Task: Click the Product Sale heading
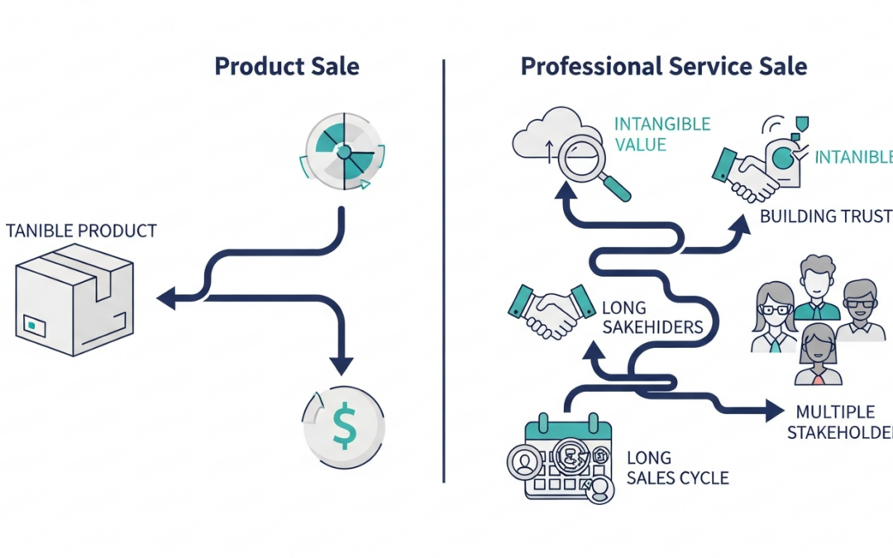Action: [x=286, y=67]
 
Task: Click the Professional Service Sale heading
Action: [x=663, y=67]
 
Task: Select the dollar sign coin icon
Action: [x=343, y=427]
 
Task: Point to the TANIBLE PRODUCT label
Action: [x=80, y=231]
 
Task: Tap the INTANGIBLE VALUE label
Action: [x=661, y=134]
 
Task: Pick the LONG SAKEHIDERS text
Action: [x=652, y=318]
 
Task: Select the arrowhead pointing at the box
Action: [x=166, y=298]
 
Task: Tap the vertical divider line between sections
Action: [x=443, y=273]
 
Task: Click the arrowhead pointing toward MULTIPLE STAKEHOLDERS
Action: [x=774, y=408]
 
